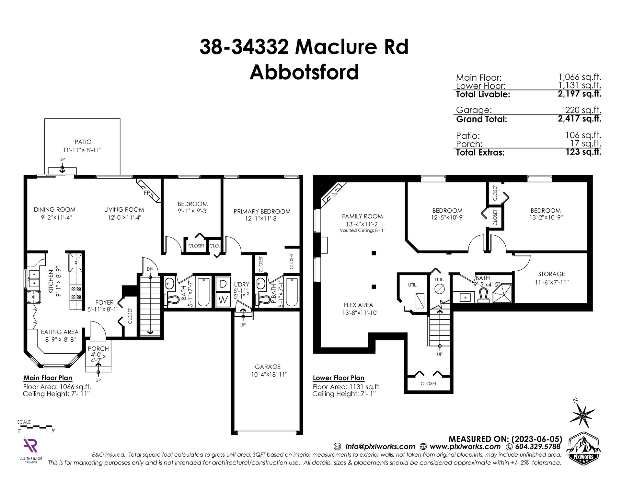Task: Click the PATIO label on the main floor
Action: pyautogui.click(x=83, y=142)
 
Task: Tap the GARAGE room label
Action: pyautogui.click(x=268, y=367)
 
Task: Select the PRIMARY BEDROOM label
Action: pyautogui.click(x=262, y=212)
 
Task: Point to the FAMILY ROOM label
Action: pyautogui.click(x=362, y=216)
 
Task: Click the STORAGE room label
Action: pyautogui.click(x=551, y=274)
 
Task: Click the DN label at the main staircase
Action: pyautogui.click(x=150, y=269)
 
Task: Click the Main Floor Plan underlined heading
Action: pyautogui.click(x=48, y=378)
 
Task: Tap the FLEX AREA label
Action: pyautogui.click(x=358, y=305)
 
